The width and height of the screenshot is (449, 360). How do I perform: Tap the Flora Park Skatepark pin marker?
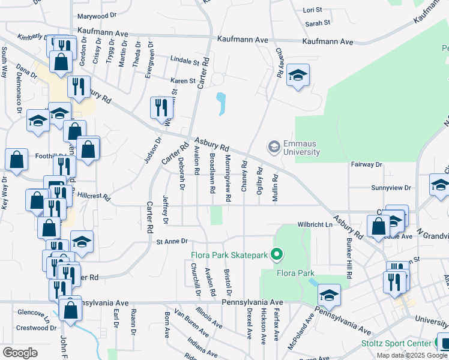(276, 256)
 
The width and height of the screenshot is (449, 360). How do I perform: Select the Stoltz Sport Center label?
(394, 343)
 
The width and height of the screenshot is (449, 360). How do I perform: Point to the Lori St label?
(313, 10)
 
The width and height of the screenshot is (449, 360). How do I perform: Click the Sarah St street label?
(318, 23)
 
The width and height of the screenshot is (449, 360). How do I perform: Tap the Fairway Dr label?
(367, 164)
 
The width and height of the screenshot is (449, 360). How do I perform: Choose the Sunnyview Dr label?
(390, 188)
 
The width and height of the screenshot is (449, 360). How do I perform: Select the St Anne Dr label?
(172, 242)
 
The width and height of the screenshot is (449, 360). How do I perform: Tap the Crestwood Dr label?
(36, 328)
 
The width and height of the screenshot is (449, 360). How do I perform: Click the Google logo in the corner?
(20, 352)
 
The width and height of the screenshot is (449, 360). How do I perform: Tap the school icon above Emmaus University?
(297, 76)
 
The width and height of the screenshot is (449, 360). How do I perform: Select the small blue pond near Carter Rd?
(221, 103)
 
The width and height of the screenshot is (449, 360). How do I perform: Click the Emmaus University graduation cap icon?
(274, 147)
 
